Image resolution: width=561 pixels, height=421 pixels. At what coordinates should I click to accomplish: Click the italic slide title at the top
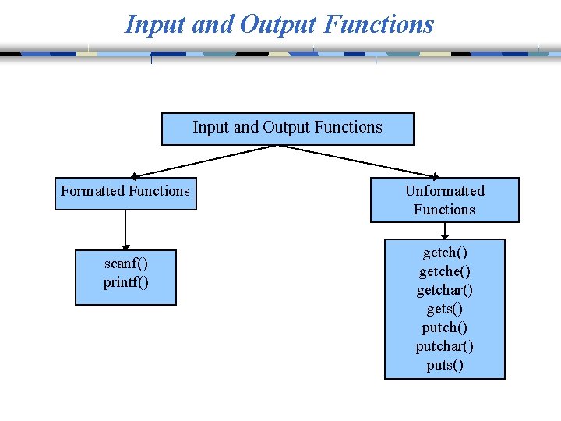pos(279,23)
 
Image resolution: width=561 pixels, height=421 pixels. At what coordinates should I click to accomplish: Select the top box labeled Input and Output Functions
pos(287,128)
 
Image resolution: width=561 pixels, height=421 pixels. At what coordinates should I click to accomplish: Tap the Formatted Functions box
pos(125,193)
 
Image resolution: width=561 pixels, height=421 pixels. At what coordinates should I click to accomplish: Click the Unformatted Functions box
pos(444,200)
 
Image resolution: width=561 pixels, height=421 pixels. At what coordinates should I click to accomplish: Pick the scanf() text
pos(125,264)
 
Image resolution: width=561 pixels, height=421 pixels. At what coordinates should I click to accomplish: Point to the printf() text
pos(125,282)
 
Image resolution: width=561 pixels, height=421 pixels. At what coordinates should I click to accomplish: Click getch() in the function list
pos(445,253)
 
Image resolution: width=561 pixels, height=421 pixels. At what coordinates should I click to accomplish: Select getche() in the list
pos(445,271)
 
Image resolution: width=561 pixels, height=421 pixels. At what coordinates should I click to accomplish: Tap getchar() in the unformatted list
pos(445,290)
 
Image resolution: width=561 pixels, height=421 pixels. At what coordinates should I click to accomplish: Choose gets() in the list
pos(445,309)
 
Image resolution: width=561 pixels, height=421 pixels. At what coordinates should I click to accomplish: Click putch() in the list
pos(445,327)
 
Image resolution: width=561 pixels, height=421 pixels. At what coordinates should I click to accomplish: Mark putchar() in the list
pos(445,346)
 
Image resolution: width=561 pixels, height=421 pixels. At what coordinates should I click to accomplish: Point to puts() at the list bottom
pos(445,365)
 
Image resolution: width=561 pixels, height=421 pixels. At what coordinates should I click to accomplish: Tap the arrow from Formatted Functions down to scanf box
pos(125,230)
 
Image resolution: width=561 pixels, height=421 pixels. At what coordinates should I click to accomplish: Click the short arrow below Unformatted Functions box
pos(445,231)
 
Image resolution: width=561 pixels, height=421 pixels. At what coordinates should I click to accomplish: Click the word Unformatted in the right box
pos(444,191)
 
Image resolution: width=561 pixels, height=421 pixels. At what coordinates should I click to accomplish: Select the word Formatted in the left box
pos(93,191)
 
